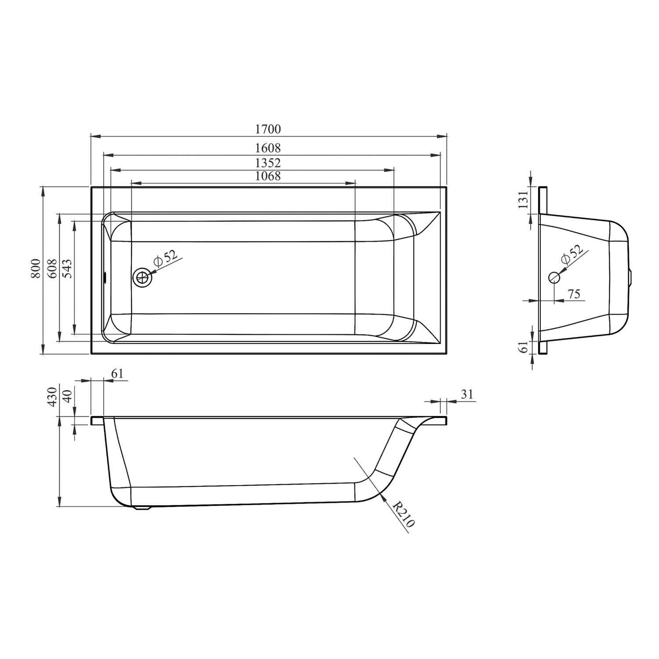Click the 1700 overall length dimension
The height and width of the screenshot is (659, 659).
(268, 129)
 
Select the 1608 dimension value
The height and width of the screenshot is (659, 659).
(268, 148)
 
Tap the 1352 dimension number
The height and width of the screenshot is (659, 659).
(268, 163)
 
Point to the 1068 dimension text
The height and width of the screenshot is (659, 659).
(268, 176)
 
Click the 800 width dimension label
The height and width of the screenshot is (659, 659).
(36, 269)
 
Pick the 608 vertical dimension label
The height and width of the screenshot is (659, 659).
(52, 269)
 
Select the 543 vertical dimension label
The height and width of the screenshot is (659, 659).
(68, 269)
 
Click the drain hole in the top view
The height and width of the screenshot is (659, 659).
(142, 278)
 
